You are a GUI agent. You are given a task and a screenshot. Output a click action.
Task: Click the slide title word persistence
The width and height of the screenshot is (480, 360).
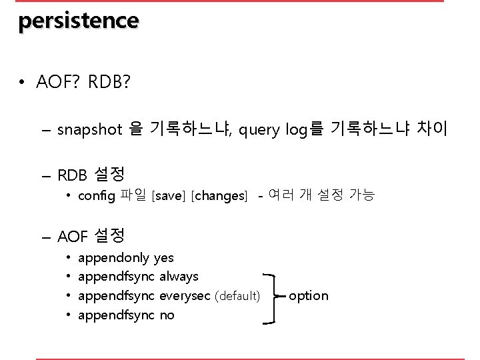click(x=79, y=21)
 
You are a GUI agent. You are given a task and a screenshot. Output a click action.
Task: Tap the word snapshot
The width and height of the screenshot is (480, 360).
click(x=89, y=129)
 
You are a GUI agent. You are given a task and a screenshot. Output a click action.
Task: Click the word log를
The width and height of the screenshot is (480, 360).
click(x=303, y=129)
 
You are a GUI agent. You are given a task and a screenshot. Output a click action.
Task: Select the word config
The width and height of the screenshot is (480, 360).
click(x=97, y=196)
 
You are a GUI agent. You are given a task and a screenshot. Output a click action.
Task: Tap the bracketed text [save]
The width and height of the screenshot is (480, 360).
click(x=169, y=196)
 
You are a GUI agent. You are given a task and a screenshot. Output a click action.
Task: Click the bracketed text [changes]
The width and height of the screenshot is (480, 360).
click(x=219, y=196)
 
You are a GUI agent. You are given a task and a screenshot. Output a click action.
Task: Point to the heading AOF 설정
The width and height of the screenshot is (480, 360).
click(x=91, y=235)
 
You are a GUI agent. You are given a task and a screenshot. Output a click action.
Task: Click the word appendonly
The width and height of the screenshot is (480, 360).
click(x=113, y=257)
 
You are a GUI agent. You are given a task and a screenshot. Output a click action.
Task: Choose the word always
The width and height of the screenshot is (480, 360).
click(x=179, y=276)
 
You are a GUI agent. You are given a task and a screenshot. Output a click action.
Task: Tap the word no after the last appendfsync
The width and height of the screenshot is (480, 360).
click(x=167, y=315)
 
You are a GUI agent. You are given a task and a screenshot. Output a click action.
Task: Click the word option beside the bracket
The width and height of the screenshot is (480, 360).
click(x=309, y=295)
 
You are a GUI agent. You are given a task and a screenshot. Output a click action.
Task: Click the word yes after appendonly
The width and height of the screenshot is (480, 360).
click(x=163, y=257)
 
